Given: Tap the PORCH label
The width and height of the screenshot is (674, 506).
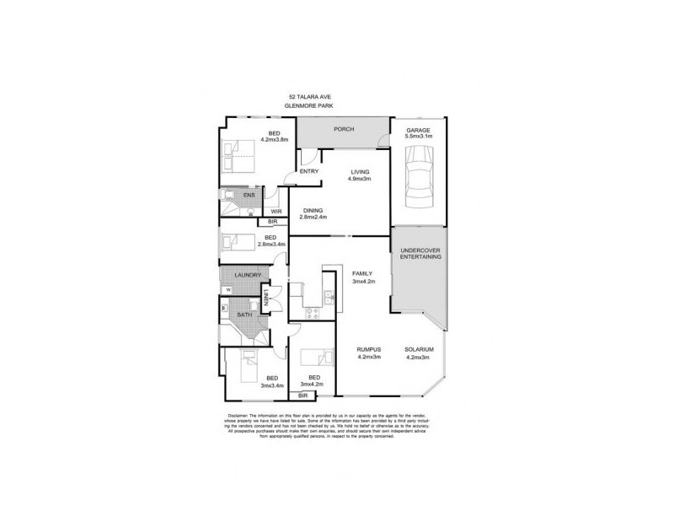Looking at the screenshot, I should point(344,129).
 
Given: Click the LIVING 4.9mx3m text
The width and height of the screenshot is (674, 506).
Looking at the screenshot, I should point(361,175).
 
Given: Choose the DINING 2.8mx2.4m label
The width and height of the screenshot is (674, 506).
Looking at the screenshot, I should point(313,213).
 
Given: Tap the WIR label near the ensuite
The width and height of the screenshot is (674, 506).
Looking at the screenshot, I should point(275,211).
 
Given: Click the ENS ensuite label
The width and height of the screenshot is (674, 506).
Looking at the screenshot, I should point(249,196).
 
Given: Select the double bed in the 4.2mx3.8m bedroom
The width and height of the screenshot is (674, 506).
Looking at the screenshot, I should point(240,156).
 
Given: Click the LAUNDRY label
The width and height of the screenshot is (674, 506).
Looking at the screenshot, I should point(248,275).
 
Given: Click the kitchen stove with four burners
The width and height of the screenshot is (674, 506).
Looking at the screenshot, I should point(312,315).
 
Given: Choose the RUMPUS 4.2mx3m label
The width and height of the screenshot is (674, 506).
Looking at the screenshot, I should point(369,353).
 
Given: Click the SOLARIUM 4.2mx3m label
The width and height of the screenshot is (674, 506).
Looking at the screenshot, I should point(418,353).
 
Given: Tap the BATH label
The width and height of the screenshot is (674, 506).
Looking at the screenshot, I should point(244,315).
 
